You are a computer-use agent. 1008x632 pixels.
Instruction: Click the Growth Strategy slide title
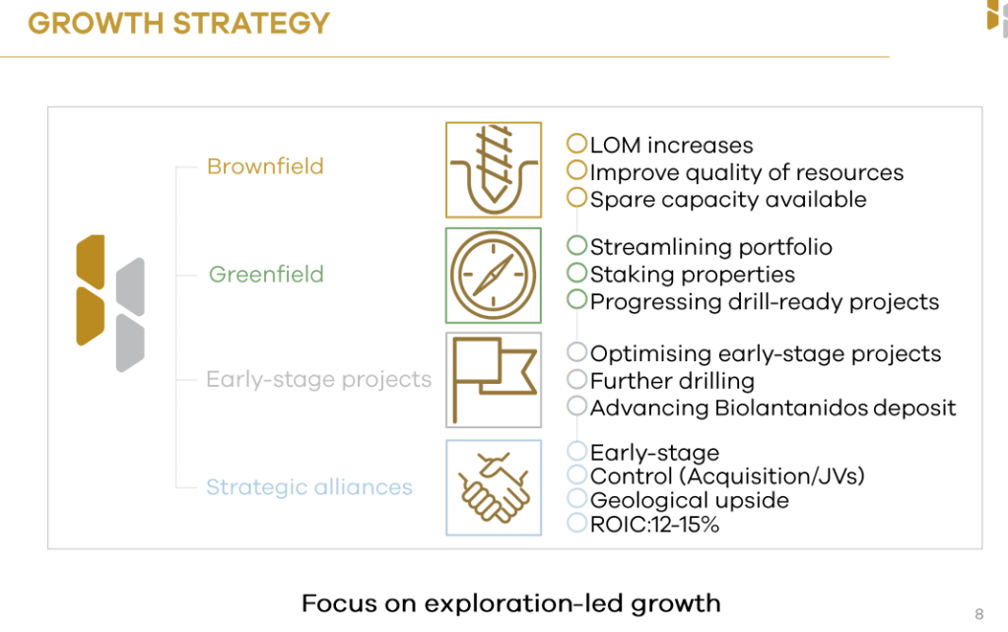click(178, 23)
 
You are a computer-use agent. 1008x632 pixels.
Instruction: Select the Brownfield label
click(265, 166)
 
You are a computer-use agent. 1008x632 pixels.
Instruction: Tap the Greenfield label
click(266, 275)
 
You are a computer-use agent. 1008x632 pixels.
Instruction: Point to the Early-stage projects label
click(319, 380)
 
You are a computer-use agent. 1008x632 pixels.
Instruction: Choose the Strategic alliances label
click(309, 487)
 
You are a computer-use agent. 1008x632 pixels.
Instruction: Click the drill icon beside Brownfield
click(494, 170)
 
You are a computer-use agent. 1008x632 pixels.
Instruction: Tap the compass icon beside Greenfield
click(494, 276)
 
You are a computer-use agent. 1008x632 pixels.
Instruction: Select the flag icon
click(494, 380)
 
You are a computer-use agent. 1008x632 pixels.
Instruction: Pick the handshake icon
click(494, 487)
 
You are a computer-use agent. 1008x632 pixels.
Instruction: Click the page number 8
click(979, 614)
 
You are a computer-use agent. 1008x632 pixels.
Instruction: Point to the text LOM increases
click(671, 145)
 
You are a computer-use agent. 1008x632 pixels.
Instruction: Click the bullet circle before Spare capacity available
click(576, 197)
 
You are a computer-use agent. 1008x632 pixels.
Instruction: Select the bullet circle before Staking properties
click(576, 273)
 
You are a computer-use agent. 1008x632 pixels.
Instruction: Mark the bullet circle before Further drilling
click(576, 379)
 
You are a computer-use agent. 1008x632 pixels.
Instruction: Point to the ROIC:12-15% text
click(654, 525)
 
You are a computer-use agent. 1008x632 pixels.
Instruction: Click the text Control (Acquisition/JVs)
click(727, 476)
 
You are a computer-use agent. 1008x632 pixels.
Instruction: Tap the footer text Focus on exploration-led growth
click(511, 603)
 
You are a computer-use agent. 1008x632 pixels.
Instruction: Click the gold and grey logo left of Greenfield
click(110, 303)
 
